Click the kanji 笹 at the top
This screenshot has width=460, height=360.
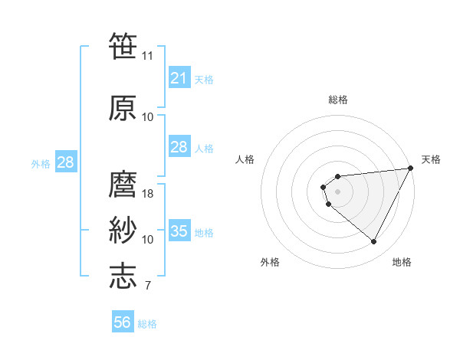(x=123, y=47)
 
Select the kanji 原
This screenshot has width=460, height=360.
(x=123, y=108)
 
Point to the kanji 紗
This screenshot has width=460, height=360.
(x=123, y=231)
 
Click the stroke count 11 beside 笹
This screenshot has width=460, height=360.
(x=148, y=56)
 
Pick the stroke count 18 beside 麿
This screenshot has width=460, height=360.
(x=148, y=194)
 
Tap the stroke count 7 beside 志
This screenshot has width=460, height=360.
(x=147, y=286)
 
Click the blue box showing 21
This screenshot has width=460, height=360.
(x=179, y=77)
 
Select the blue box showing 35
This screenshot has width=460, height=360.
(x=179, y=231)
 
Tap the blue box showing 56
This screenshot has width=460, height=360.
(x=123, y=323)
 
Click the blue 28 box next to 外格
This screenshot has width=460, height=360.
(x=65, y=162)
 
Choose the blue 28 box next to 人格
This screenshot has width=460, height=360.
(x=179, y=147)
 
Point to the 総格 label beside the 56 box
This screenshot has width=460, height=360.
(x=147, y=324)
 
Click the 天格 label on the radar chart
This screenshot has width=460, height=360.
(x=431, y=159)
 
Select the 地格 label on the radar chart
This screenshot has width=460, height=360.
(x=402, y=262)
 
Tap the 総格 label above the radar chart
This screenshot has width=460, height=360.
(x=337, y=100)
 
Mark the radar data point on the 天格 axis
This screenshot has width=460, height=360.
(x=410, y=169)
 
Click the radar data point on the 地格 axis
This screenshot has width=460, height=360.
(x=374, y=242)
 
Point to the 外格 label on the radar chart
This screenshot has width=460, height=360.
(x=270, y=262)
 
